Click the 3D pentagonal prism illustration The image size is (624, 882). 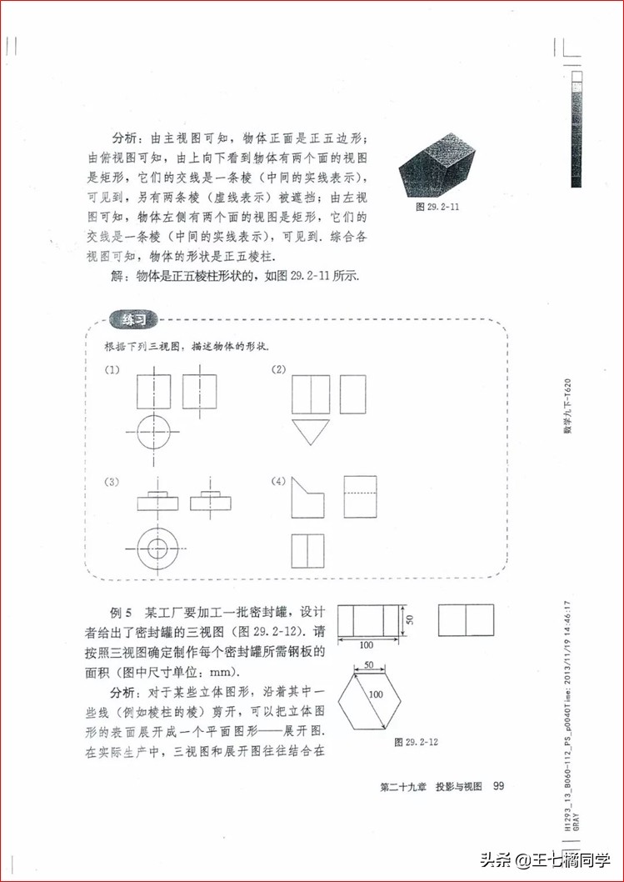(437, 166)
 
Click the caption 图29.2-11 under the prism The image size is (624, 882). (439, 205)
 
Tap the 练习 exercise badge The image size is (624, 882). (132, 320)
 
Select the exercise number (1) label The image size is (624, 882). (111, 370)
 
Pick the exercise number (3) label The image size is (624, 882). (111, 481)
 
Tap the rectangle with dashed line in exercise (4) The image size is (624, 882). (360, 496)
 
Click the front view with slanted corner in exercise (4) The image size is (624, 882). (307, 499)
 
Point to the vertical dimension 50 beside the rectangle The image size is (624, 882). (408, 619)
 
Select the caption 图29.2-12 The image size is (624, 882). (417, 740)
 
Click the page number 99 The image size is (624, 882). (499, 785)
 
